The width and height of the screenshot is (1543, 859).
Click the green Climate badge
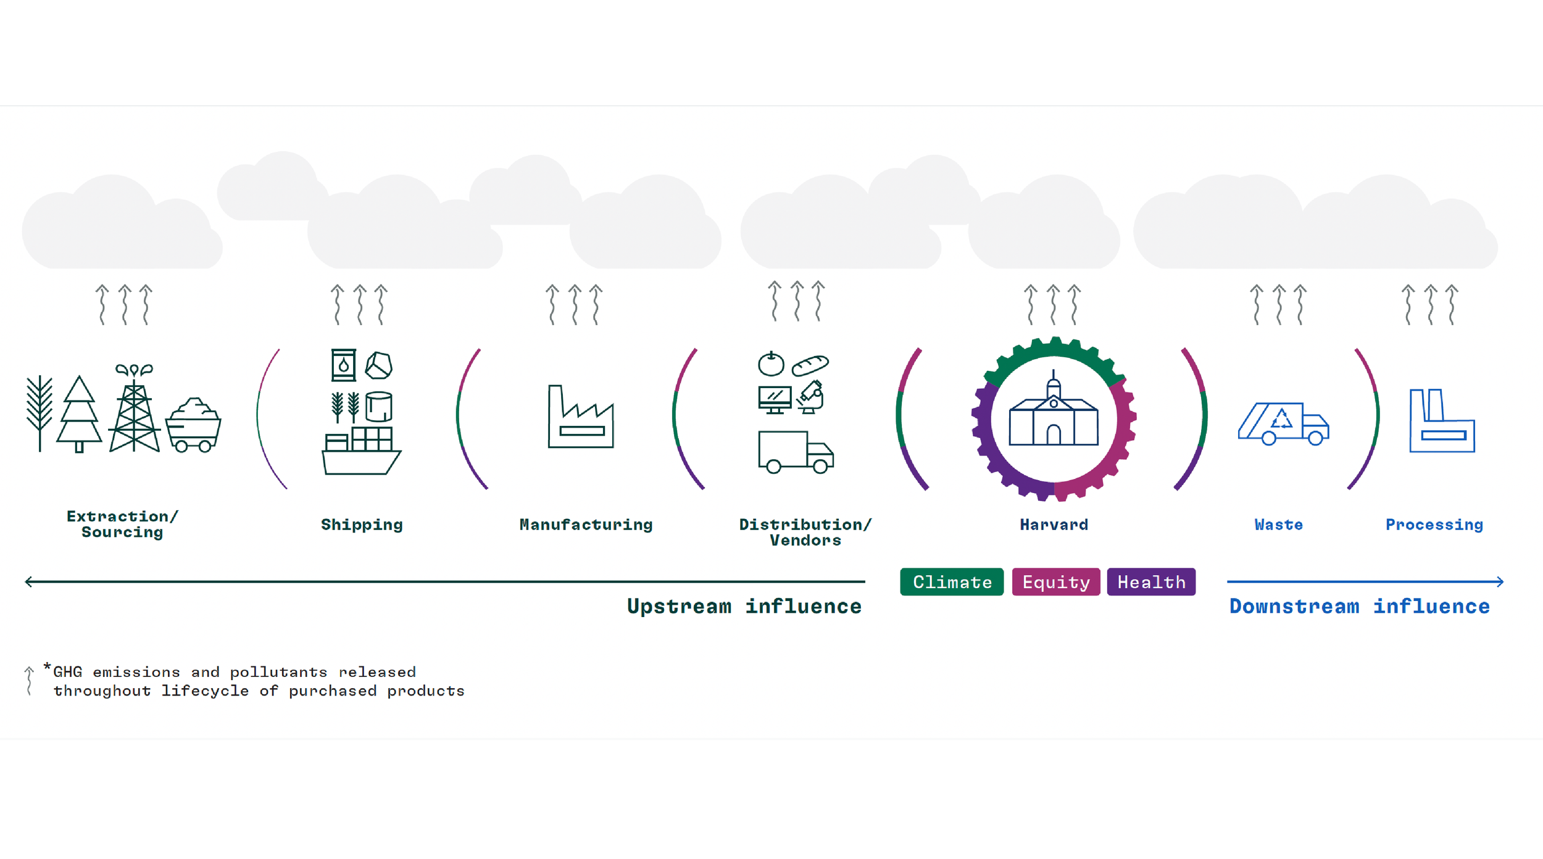tap(952, 582)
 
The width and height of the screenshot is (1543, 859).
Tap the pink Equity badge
tap(1055, 582)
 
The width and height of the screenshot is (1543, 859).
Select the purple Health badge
tap(1151, 582)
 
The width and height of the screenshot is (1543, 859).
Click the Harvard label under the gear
tap(1054, 525)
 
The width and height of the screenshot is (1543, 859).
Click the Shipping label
tap(362, 525)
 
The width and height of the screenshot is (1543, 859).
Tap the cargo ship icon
tap(361, 454)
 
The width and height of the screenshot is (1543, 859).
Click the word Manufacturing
tap(586, 525)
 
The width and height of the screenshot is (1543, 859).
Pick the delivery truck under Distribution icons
tap(796, 452)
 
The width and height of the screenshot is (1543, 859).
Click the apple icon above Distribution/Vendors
tap(771, 364)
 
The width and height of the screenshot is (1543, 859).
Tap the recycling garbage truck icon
tap(1283, 424)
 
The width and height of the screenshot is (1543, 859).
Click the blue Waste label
tap(1278, 525)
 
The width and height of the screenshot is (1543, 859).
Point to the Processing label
tap(1434, 525)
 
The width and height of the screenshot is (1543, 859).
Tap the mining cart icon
tap(193, 426)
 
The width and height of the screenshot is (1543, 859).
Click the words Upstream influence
tap(744, 606)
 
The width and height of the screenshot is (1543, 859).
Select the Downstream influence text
tap(1359, 606)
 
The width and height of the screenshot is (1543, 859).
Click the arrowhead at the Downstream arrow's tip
tap(1500, 581)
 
